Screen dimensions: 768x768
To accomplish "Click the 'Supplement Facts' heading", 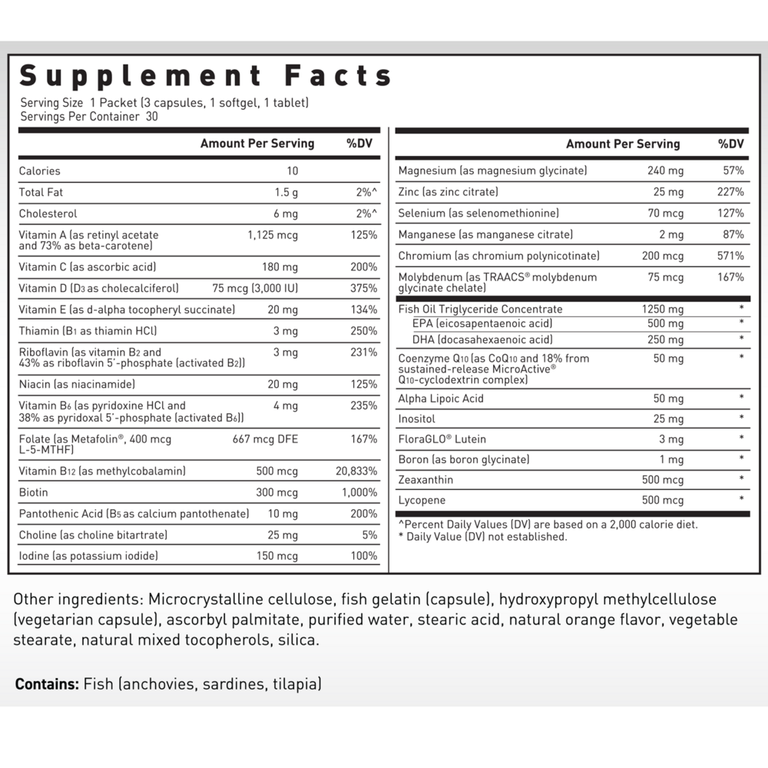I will tap(206, 76).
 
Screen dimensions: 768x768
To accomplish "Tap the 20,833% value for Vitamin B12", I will tap(356, 472).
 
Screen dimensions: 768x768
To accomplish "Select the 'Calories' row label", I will tap(39, 171).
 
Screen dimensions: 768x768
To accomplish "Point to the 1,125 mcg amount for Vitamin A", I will tap(273, 235).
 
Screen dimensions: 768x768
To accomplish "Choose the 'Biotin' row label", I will tap(33, 492).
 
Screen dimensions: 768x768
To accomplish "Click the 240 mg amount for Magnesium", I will tap(665, 170).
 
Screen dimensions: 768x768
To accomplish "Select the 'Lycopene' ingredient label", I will tap(423, 501).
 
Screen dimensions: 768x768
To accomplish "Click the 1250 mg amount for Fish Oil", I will tap(663, 310).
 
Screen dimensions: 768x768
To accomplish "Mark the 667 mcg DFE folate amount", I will tap(265, 439).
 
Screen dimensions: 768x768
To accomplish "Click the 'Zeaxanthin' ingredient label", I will tap(425, 480).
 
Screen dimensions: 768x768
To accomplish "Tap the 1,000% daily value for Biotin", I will tap(359, 492).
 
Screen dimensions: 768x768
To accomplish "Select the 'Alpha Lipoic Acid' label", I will tap(441, 398).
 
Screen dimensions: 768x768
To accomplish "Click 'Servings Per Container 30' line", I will tap(89, 117).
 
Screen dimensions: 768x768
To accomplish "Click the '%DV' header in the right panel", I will tap(731, 144).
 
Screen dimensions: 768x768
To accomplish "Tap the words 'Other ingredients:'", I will tap(79, 599).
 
